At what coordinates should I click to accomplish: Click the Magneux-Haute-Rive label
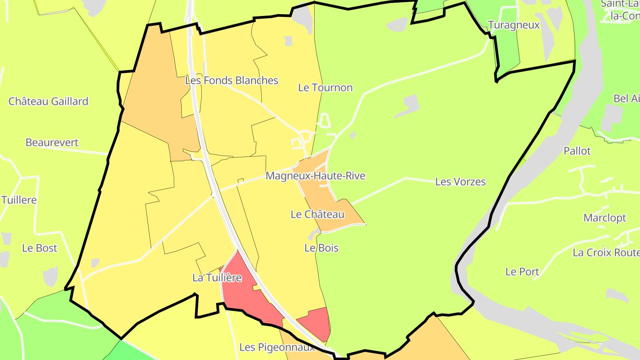pyautogui.click(x=316, y=176)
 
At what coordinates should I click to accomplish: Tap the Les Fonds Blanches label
pyautogui.click(x=232, y=80)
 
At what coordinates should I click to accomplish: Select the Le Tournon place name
pyautogui.click(x=325, y=88)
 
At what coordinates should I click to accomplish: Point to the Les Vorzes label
pyautogui.click(x=460, y=182)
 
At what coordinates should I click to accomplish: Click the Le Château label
pyautogui.click(x=317, y=214)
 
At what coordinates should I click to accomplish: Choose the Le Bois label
pyautogui.click(x=321, y=248)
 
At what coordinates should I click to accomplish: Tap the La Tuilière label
pyautogui.click(x=217, y=278)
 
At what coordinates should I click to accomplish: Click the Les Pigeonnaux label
pyautogui.click(x=277, y=347)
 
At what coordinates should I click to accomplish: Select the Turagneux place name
pyautogui.click(x=514, y=25)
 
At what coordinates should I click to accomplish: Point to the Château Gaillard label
pyautogui.click(x=48, y=101)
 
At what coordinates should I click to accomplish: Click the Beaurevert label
pyautogui.click(x=52, y=143)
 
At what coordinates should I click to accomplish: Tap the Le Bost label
pyautogui.click(x=40, y=248)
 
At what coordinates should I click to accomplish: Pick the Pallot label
pyautogui.click(x=577, y=151)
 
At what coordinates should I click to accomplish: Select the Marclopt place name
pyautogui.click(x=605, y=218)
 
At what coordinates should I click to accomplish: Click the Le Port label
pyautogui.click(x=522, y=272)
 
